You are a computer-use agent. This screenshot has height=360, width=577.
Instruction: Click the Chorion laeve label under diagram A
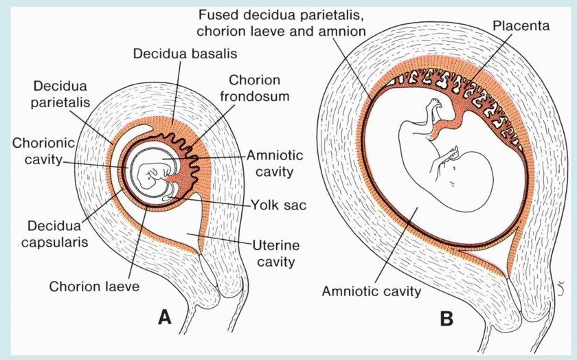point(93,286)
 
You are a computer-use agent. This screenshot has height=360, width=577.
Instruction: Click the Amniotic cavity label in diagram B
point(372,291)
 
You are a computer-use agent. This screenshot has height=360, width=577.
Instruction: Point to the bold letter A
point(164,317)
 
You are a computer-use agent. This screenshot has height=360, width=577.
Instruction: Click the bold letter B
point(446,319)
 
